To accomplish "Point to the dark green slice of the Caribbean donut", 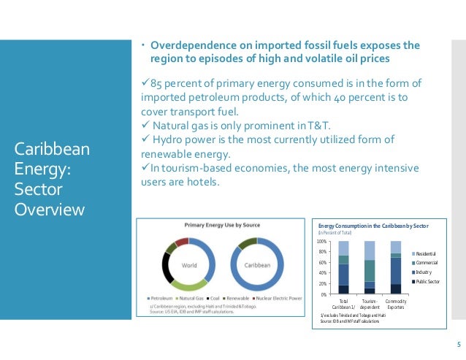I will [x=248, y=242].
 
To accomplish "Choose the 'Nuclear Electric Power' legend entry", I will [x=276, y=299].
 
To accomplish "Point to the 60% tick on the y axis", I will [x=322, y=262].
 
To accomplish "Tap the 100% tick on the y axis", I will [x=321, y=241].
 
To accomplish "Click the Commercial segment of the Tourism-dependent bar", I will [x=370, y=270].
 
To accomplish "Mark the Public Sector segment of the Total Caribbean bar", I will [x=343, y=289].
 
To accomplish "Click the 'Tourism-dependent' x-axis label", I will [x=370, y=304].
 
